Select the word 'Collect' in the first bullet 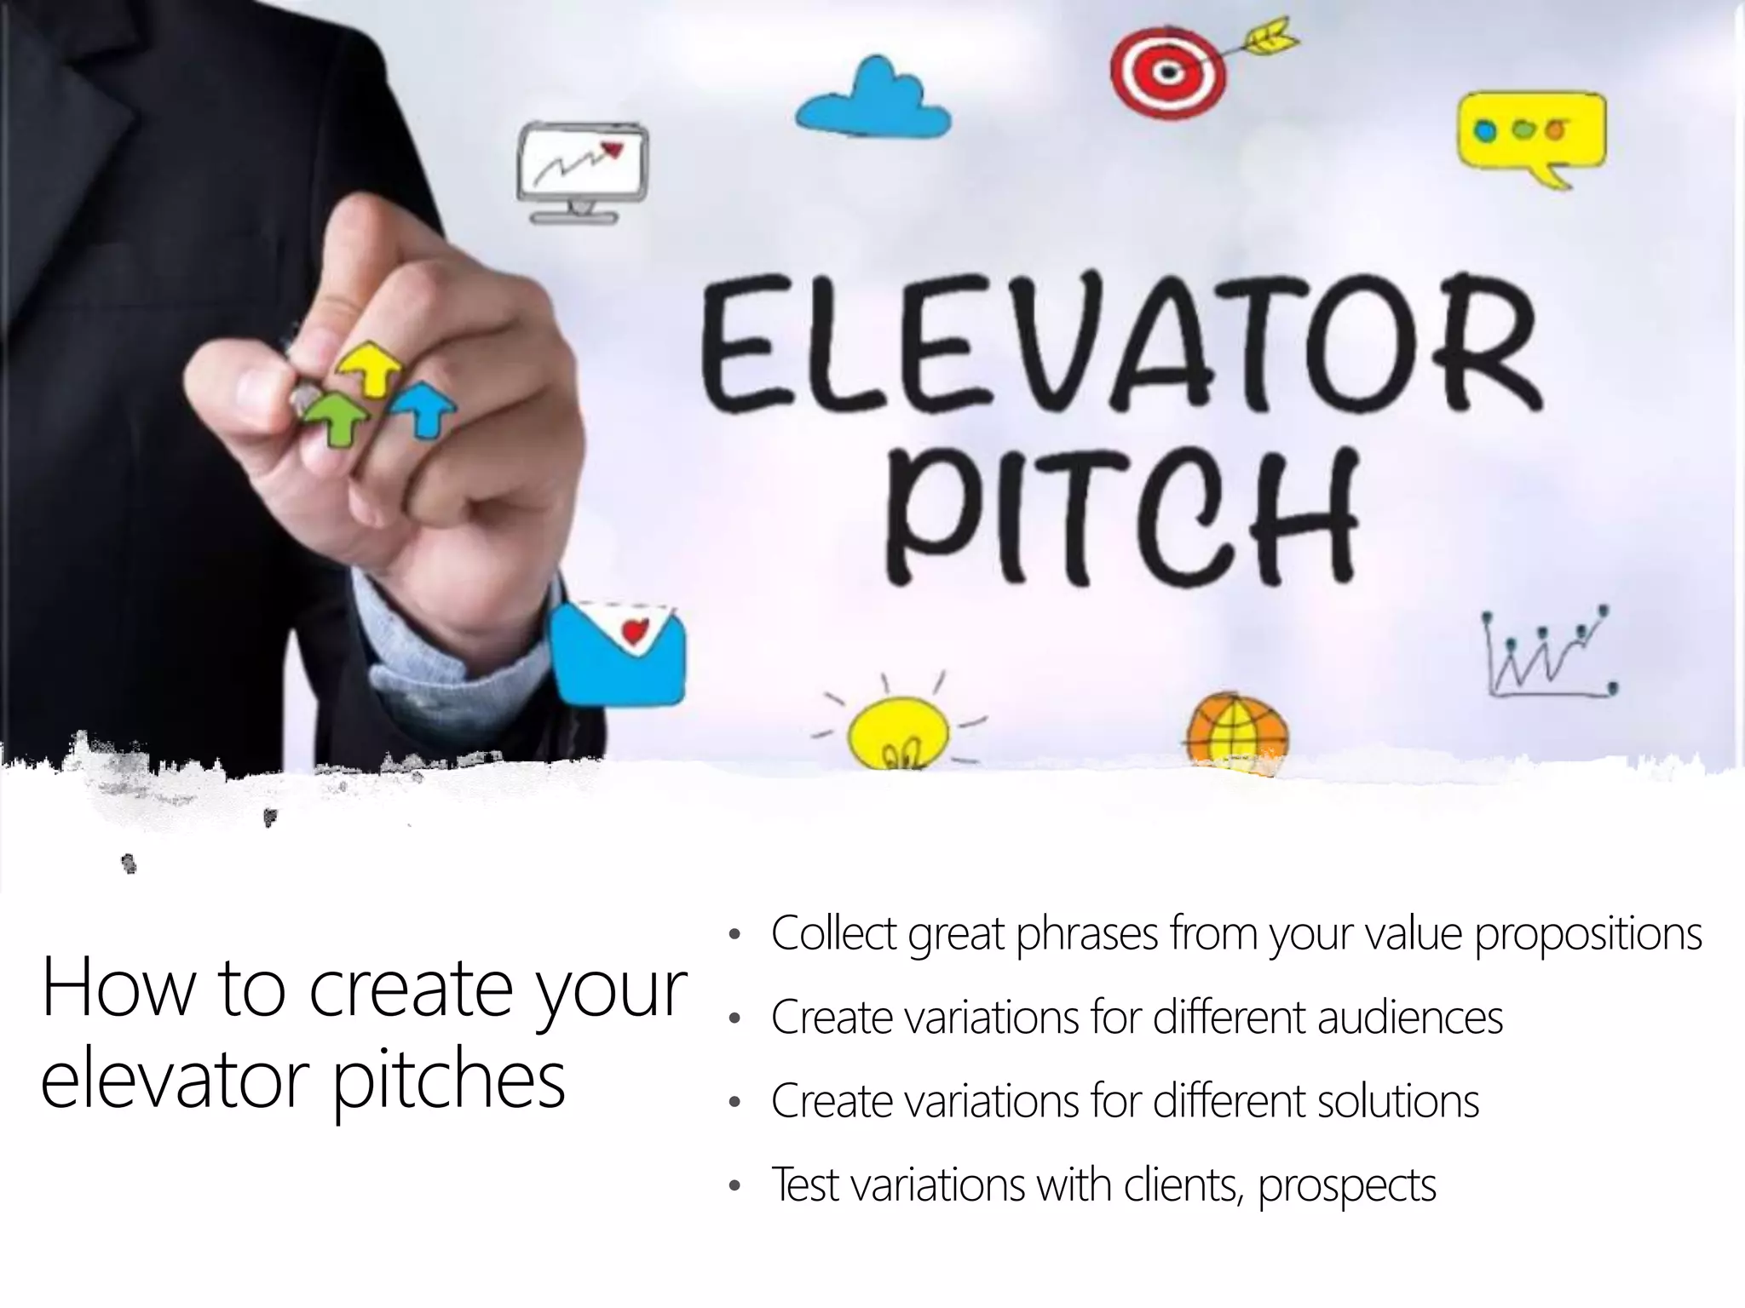click(x=832, y=933)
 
